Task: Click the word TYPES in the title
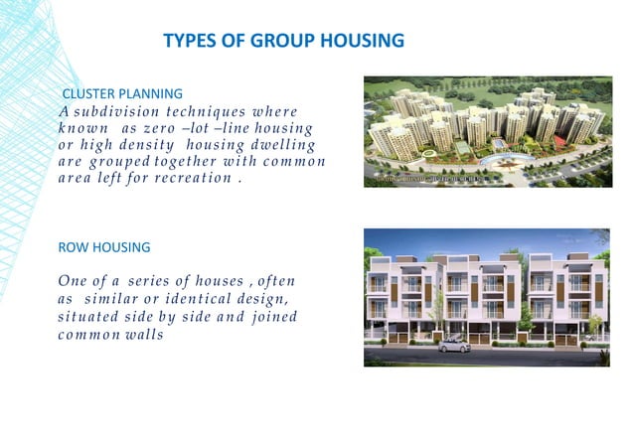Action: [187, 41]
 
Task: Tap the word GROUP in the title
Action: [277, 41]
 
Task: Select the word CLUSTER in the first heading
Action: [90, 93]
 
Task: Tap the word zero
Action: [163, 129]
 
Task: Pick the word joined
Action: [273, 317]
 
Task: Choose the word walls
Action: [142, 335]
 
